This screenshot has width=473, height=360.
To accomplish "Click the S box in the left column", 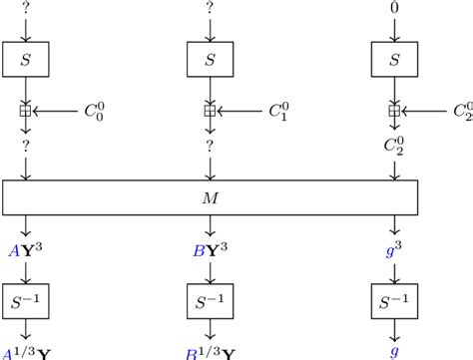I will [24, 61].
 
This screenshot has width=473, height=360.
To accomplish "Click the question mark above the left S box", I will [24, 9].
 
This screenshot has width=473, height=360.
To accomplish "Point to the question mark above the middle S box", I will [209, 9].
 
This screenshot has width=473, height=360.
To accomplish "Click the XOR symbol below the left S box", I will [24, 112].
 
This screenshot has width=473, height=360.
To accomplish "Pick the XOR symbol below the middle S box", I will [209, 112].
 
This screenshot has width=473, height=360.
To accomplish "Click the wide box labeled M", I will [209, 197].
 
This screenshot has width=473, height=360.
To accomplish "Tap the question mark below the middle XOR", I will [209, 146].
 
